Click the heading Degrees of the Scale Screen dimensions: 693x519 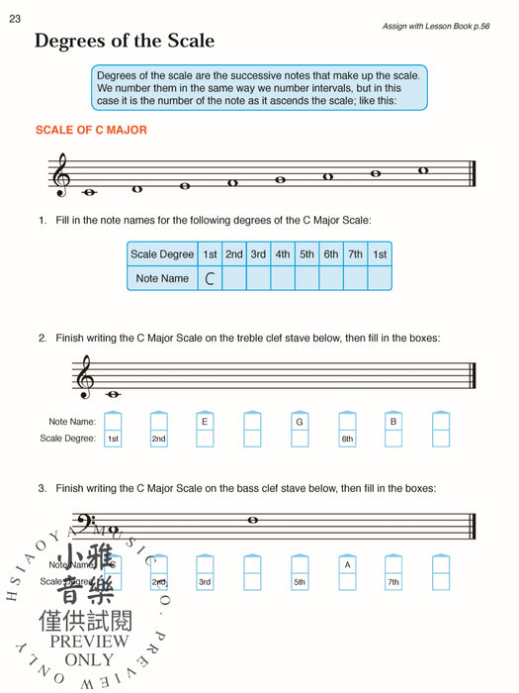[124, 42]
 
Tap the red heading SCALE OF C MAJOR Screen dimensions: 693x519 [91, 130]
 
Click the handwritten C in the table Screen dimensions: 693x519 [210, 279]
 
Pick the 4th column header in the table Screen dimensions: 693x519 [283, 254]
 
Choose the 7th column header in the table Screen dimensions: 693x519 [355, 254]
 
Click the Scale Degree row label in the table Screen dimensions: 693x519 [162, 254]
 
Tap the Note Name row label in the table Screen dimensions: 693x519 [162, 279]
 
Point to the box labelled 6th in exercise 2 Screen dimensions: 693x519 [347, 439]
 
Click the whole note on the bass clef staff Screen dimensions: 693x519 [253, 520]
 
